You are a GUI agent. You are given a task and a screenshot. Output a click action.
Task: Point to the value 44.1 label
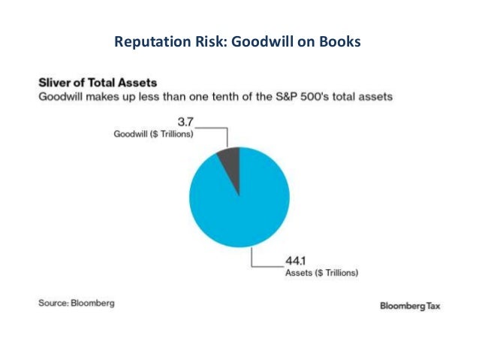295,261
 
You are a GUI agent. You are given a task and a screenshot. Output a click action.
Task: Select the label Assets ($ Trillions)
321,273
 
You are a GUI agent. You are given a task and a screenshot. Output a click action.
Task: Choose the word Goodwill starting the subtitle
61,97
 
